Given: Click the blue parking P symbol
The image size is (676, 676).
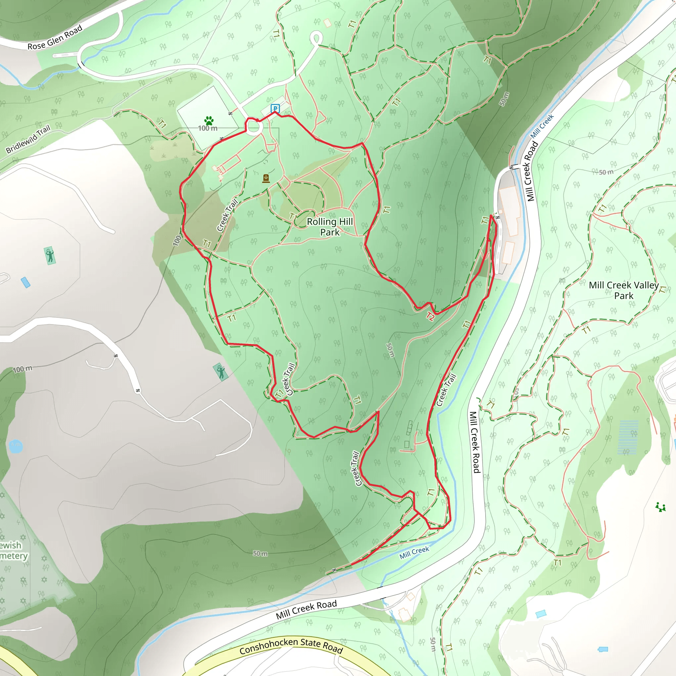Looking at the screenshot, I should [x=275, y=109].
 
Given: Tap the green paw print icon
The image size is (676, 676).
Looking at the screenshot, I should [x=209, y=121].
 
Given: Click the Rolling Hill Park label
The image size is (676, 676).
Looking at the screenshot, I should [x=330, y=227].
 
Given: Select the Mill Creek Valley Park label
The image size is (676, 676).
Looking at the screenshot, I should [x=624, y=290].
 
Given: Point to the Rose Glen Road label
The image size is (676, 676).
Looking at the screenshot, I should [x=55, y=37].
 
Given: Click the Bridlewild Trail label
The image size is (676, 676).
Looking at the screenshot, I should [x=28, y=139].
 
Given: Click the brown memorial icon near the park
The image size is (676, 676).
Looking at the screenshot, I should [x=266, y=179].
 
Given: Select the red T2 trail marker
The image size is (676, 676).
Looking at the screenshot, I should [x=430, y=317].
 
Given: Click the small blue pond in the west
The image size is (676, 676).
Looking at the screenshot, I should [x=16, y=446].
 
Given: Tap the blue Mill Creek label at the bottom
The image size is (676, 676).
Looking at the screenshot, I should [x=414, y=553].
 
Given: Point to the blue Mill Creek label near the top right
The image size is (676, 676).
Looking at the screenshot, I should [x=542, y=126].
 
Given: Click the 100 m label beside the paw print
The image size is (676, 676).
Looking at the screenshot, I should [x=208, y=128].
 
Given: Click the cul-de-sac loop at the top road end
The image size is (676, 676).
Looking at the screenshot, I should [x=316, y=37].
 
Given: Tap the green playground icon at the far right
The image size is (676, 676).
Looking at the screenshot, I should [x=660, y=507].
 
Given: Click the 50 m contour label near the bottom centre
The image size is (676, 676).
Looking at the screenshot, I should [x=260, y=553].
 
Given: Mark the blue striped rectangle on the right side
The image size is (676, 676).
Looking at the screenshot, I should [x=628, y=437].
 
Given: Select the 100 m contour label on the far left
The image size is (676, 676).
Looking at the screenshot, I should [x=23, y=369].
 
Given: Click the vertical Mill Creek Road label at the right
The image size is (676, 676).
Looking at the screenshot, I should [x=474, y=442].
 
